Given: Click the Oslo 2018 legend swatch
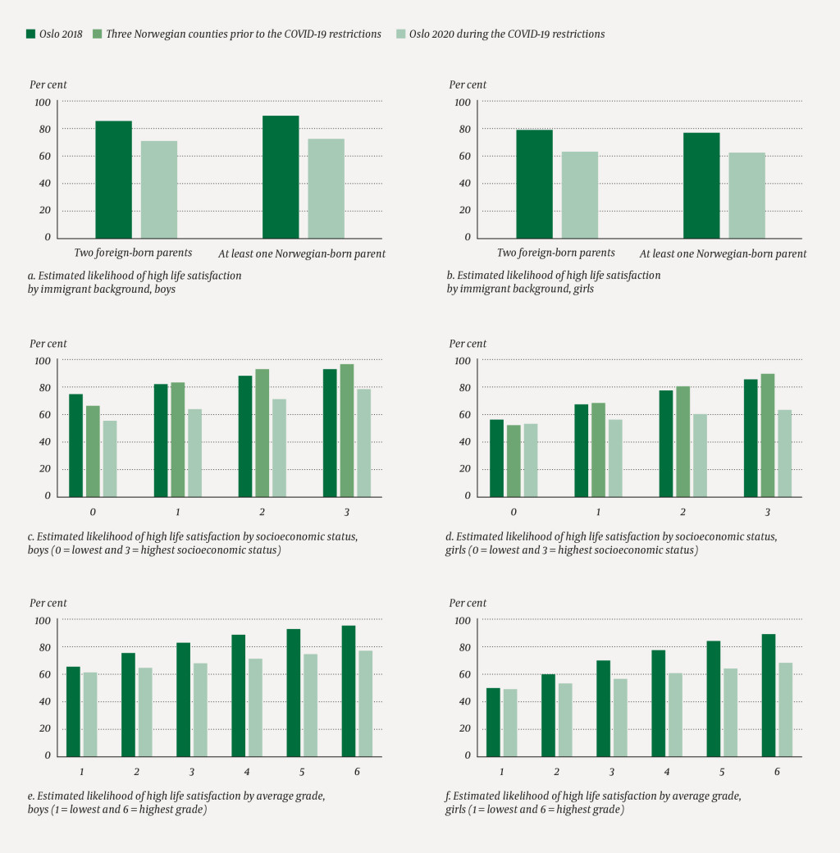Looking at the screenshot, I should [x=31, y=34].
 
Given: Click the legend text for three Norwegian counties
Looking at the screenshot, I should [x=244, y=34].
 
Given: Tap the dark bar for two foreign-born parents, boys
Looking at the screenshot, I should [x=113, y=179].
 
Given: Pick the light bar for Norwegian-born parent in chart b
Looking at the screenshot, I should [x=746, y=195].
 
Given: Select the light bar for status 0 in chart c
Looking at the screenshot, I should [x=110, y=458].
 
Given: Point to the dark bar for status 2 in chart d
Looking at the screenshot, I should [x=666, y=443].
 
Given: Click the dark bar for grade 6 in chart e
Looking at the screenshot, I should [x=349, y=691].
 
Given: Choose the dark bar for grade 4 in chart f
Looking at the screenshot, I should [x=658, y=702].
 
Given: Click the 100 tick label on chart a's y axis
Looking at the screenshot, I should [x=43, y=103].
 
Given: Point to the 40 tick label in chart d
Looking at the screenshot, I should [x=463, y=442].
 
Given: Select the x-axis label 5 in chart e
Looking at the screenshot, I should [x=303, y=772].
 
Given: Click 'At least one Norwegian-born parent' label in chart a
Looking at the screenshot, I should [x=302, y=253].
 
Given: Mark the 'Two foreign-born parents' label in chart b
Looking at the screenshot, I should [x=555, y=253].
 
